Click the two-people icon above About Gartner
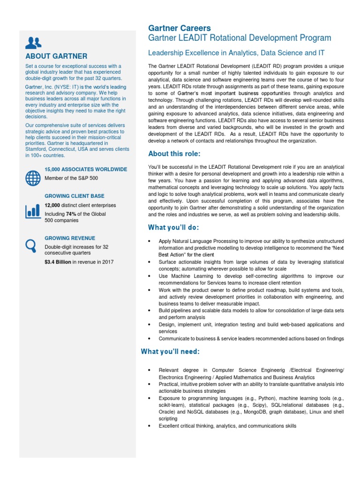pyautogui.click(x=33, y=43)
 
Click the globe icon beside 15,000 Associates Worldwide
pyautogui.click(x=33, y=178)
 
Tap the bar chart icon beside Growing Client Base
pyautogui.click(x=33, y=210)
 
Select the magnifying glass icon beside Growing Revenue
pyautogui.click(x=31, y=245)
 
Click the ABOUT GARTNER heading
pyautogui.click(x=56, y=56)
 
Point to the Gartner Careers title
pyautogui.click(x=180, y=29)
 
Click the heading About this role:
pyautogui.click(x=174, y=154)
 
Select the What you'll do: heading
pyautogui.click(x=173, y=227)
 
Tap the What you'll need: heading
pyautogui.click(x=171, y=352)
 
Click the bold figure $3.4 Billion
pyautogui.click(x=58, y=262)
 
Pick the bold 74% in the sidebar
pyautogui.click(x=72, y=214)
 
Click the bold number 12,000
pyautogui.click(x=52, y=205)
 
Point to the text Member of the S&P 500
pyautogui.click(x=71, y=178)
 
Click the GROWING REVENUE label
pyautogui.click(x=70, y=238)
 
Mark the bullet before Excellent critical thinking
pyautogui.click(x=149, y=426)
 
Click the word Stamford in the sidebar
pyautogui.click(x=37, y=149)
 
